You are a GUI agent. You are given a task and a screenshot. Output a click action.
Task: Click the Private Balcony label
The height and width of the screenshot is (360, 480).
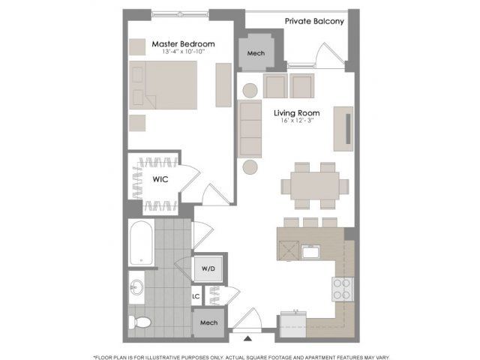pyautogui.click(x=314, y=21)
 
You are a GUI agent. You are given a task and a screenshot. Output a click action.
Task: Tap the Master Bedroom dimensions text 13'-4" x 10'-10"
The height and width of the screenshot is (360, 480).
pyautogui.click(x=183, y=52)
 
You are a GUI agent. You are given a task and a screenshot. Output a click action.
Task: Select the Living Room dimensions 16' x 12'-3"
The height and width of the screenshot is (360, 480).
pyautogui.click(x=297, y=120)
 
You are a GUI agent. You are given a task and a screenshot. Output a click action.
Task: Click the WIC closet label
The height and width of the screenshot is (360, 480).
pyautogui.click(x=160, y=179)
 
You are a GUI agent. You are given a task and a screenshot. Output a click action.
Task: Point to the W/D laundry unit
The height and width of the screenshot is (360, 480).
pyautogui.click(x=208, y=268)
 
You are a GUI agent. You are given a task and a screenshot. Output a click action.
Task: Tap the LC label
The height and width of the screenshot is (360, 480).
pyautogui.click(x=196, y=296)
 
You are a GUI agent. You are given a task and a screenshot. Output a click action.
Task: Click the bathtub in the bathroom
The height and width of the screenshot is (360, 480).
pyautogui.click(x=141, y=243)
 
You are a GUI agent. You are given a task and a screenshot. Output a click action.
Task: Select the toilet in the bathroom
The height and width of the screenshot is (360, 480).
pyautogui.click(x=139, y=322)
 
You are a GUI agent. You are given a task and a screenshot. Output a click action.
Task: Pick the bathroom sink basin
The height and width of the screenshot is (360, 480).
pyautogui.click(x=136, y=287)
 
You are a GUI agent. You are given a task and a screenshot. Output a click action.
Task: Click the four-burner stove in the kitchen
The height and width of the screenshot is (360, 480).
pyautogui.click(x=343, y=289)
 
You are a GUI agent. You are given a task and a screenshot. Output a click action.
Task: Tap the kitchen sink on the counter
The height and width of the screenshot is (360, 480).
pyautogui.click(x=310, y=252)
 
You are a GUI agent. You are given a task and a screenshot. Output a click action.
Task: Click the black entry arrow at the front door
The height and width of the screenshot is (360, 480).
pyautogui.click(x=248, y=338)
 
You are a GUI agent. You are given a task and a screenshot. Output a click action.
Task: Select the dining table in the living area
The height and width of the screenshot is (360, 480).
pyautogui.click(x=315, y=186)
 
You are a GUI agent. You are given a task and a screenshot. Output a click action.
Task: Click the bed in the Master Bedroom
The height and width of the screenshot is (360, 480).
pyautogui.click(x=163, y=85)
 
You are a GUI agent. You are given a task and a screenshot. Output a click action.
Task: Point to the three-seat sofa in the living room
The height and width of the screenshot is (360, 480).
pyautogui.click(x=250, y=128)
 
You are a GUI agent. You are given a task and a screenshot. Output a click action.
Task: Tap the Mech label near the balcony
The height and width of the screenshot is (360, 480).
pyautogui.click(x=256, y=53)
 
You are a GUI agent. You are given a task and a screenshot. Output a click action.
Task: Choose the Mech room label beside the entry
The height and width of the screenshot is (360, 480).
pyautogui.click(x=208, y=322)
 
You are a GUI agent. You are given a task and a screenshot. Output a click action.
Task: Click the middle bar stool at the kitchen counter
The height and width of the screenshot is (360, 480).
pyautogui.click(x=310, y=222)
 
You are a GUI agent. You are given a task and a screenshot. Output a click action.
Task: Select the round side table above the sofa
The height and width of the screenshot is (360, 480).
pyautogui.click(x=250, y=91)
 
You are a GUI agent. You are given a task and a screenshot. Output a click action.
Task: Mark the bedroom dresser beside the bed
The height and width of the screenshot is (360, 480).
pyautogui.click(x=223, y=85)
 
